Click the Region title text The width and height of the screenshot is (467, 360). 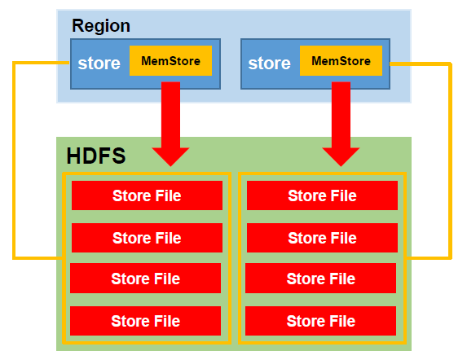pyautogui.click(x=101, y=26)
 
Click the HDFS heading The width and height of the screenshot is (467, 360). pyautogui.click(x=96, y=156)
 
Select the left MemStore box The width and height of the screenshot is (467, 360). pyautogui.click(x=170, y=61)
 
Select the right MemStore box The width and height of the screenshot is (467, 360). pyautogui.click(x=341, y=61)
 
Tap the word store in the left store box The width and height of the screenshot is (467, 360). pyautogui.click(x=99, y=64)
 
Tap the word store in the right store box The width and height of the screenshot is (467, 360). pyautogui.click(x=269, y=64)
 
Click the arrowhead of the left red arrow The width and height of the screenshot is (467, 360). pyautogui.click(x=170, y=157)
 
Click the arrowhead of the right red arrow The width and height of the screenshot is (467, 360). pyautogui.click(x=341, y=157)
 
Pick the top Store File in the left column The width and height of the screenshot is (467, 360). pyautogui.click(x=147, y=195)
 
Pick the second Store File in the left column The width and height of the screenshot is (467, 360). pyautogui.click(x=147, y=238)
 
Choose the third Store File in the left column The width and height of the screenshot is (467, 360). pyautogui.click(x=145, y=279)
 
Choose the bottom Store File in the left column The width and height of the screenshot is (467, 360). pyautogui.click(x=145, y=321)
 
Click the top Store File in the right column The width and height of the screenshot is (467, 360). pyautogui.click(x=322, y=195)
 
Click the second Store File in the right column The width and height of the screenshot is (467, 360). pyautogui.click(x=322, y=238)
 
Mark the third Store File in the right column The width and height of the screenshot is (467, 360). pyautogui.click(x=321, y=279)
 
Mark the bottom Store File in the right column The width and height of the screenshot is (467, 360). pyautogui.click(x=321, y=321)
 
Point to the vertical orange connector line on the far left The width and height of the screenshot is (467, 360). pyautogui.click(x=14, y=160)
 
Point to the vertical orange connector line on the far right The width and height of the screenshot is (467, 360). pyautogui.click(x=451, y=161)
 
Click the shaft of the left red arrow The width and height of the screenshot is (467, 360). pyautogui.click(x=170, y=115)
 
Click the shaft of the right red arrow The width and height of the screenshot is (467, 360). pyautogui.click(x=341, y=115)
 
